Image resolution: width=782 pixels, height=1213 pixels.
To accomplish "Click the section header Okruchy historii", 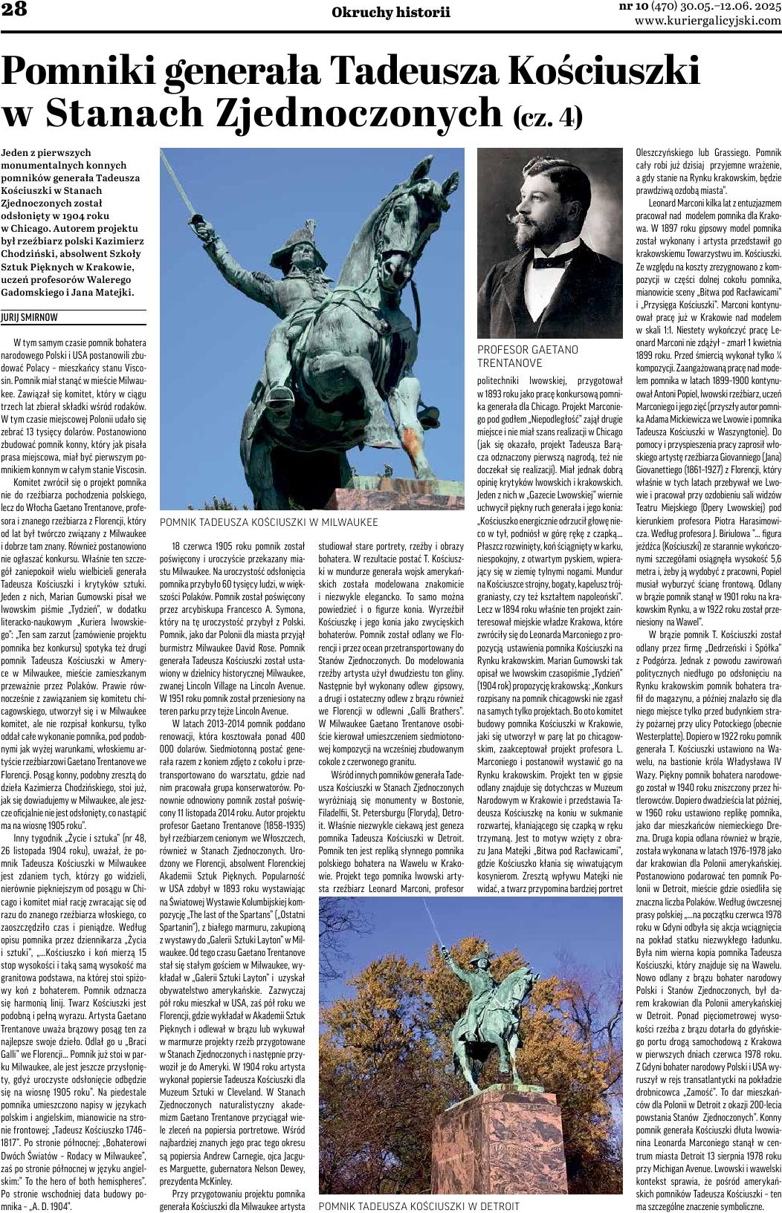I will [x=391, y=12].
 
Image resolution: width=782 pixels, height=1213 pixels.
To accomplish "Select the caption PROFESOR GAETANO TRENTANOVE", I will [x=528, y=356].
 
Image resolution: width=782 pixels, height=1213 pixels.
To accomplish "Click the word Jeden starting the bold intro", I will [x=16, y=152].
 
